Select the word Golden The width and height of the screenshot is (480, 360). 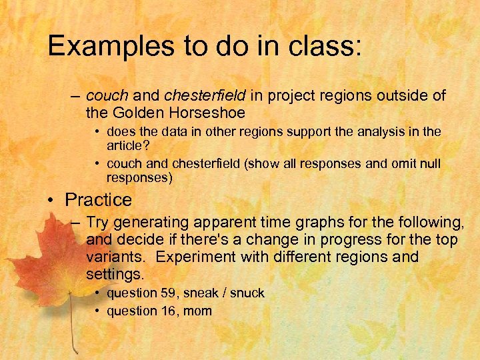tap(138, 113)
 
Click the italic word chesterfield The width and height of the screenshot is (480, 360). tap(205, 95)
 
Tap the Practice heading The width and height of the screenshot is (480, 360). tap(98, 199)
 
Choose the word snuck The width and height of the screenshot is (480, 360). tap(248, 293)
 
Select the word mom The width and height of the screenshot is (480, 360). tap(198, 311)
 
